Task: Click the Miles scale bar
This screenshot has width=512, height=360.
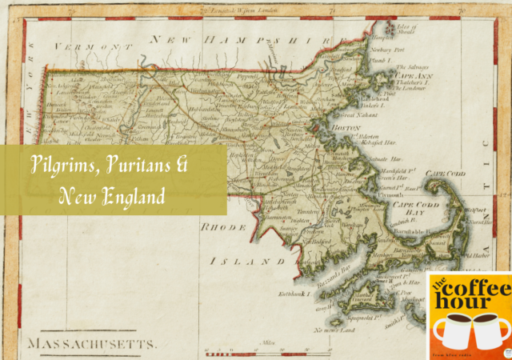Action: click(270, 350)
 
